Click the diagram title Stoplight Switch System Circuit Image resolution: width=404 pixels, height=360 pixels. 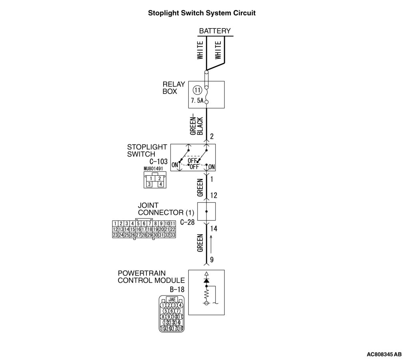pos(202,13)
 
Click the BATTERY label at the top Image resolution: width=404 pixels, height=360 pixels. pos(215,31)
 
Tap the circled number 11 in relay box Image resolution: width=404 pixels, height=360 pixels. pos(196,90)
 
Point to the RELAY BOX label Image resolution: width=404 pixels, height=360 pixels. pos(174,88)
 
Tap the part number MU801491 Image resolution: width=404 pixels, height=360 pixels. pos(153,169)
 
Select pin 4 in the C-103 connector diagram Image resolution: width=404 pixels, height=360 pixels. pos(160,184)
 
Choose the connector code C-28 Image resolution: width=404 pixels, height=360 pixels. pos(187,222)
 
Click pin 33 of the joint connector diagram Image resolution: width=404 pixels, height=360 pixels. pos(173,235)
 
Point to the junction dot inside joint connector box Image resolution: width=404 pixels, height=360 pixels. pos(206,211)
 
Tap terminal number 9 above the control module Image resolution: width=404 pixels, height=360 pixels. pos(212,259)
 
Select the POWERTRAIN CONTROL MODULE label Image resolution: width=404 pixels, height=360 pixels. pos(151,277)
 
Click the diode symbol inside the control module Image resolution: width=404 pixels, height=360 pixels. pos(206,281)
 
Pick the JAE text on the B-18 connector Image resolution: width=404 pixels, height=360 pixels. pos(171,299)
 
